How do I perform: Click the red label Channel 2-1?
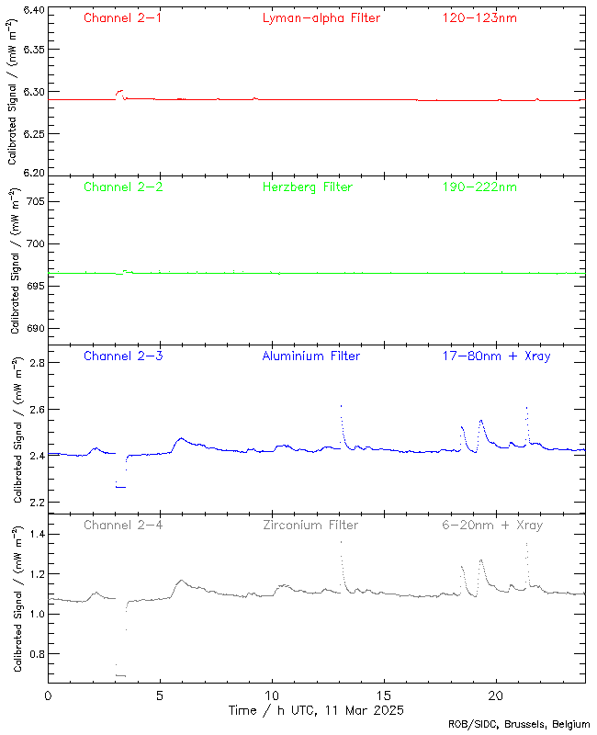[123, 17]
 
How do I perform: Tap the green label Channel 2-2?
[123, 187]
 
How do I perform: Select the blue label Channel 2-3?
[123, 356]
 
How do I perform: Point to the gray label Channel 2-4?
[123, 526]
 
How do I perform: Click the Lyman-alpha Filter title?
[321, 17]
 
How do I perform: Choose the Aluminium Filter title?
[311, 356]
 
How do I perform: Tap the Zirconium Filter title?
[311, 526]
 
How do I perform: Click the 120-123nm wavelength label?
[479, 17]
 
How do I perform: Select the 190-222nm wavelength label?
[479, 187]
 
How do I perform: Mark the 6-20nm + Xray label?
[491, 526]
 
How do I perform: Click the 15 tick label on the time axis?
[384, 696]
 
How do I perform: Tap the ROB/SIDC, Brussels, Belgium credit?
[519, 725]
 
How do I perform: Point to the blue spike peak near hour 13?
[341, 406]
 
